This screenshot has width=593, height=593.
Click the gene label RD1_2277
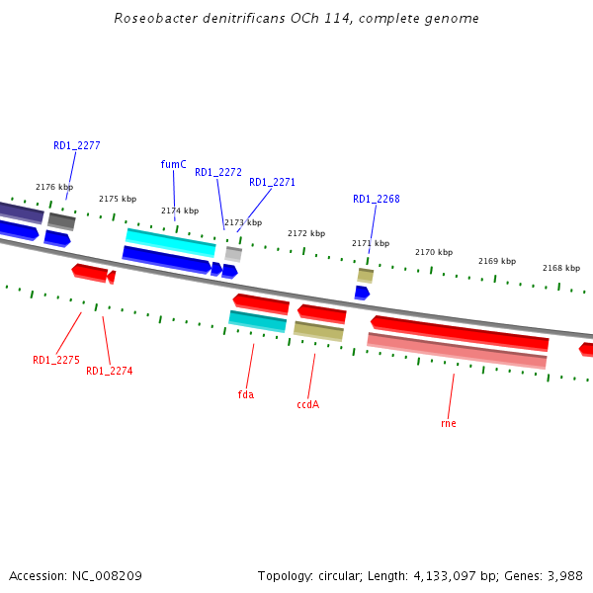(76, 145)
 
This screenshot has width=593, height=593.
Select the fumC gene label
(173, 164)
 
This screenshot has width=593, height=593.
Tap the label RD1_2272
(217, 172)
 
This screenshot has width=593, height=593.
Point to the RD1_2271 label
(272, 182)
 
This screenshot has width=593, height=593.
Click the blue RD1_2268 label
(376, 199)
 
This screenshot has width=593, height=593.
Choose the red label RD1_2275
(55, 360)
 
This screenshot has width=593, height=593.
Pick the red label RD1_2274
(109, 371)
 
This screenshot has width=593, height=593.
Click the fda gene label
(246, 394)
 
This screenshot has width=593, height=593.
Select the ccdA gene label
(307, 404)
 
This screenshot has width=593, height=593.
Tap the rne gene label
(448, 423)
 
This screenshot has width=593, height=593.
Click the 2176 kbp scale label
(54, 187)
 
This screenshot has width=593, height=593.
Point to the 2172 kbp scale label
(306, 233)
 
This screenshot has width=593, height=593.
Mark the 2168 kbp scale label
(560, 268)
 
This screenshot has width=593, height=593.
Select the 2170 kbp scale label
(433, 252)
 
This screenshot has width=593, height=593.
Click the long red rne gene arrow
(460, 333)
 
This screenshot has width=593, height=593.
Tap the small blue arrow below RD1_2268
(362, 293)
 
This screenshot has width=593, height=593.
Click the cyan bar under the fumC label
(170, 242)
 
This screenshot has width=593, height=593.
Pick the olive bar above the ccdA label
(318, 330)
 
